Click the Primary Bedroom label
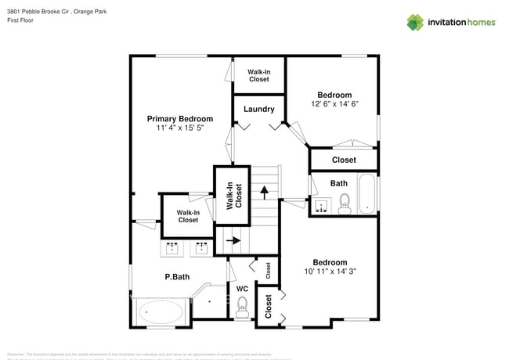(180, 119)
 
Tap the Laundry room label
(258, 110)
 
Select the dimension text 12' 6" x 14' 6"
(334, 104)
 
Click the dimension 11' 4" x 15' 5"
(180, 128)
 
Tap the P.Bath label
(177, 276)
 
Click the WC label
(243, 289)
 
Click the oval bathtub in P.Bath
(161, 312)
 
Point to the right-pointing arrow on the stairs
(232, 241)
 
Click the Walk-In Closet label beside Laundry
(259, 75)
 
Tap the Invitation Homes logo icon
(415, 22)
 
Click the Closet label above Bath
(344, 160)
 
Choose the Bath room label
(338, 183)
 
